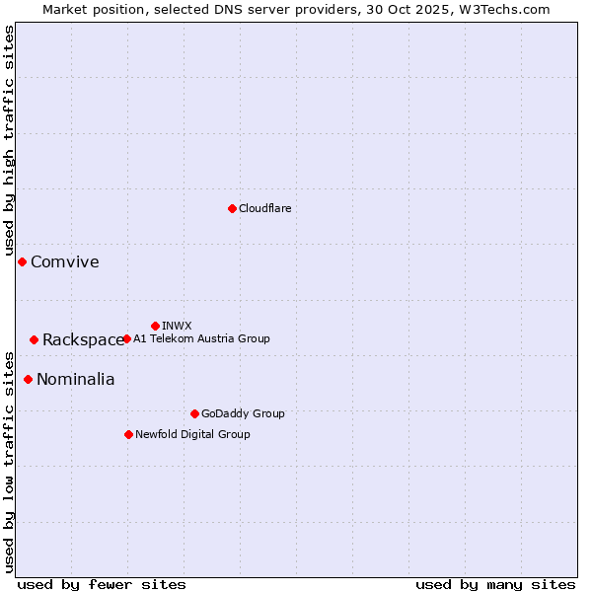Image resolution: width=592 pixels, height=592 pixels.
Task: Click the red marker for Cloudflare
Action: (x=232, y=208)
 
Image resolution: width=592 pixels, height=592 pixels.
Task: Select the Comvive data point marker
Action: (x=22, y=261)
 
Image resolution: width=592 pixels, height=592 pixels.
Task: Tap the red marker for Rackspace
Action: (x=34, y=339)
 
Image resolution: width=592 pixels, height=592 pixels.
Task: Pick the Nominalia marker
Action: (x=28, y=379)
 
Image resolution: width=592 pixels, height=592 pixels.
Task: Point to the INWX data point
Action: (x=155, y=326)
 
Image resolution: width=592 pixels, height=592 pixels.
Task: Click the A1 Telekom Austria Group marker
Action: (x=126, y=338)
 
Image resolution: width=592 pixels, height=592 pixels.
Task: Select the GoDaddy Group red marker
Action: (x=194, y=413)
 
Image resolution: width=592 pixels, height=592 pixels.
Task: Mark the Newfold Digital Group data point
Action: (x=128, y=434)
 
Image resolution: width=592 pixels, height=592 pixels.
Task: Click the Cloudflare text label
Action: (x=265, y=208)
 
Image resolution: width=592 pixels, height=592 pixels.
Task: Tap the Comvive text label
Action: (x=65, y=261)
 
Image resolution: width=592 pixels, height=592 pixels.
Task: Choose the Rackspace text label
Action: (x=83, y=339)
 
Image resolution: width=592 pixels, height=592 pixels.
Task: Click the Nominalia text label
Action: (x=76, y=379)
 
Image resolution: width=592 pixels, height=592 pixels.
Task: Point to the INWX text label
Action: (x=177, y=326)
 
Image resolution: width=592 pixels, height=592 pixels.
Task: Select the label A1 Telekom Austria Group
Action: (x=201, y=338)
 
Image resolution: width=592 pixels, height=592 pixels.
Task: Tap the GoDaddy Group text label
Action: (x=243, y=413)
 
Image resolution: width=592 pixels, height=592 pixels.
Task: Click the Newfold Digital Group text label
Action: (x=192, y=434)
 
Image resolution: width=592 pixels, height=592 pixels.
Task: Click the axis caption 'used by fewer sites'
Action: (x=102, y=584)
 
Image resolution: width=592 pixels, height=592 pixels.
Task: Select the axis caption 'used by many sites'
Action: (x=495, y=584)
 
